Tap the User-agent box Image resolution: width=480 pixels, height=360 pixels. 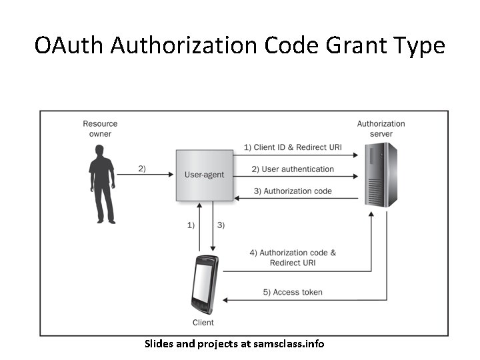coord(204,175)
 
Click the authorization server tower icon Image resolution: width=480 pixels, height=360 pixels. coord(381,175)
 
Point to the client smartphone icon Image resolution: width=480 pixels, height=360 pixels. coord(204,285)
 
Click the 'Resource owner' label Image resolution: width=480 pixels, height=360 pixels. coord(100,129)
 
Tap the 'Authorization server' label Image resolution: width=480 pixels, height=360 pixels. coord(381,129)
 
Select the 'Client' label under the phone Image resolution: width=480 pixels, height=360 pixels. coord(203,323)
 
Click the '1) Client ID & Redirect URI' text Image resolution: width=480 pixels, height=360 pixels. coord(293,147)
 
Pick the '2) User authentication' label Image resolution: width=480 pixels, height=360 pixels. coord(293,169)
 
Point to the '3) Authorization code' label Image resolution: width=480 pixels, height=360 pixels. coord(293,191)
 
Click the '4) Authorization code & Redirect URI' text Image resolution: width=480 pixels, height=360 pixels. coord(293,257)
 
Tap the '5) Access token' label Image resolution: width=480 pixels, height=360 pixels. coord(293,292)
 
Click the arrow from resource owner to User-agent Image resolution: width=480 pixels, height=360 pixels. coord(145,175)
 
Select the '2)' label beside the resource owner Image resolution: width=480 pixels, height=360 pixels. coord(141,168)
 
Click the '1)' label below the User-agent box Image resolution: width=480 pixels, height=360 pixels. coord(191,225)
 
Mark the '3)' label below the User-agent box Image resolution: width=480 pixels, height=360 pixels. coord(221,225)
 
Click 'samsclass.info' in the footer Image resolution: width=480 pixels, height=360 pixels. coord(291,344)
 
